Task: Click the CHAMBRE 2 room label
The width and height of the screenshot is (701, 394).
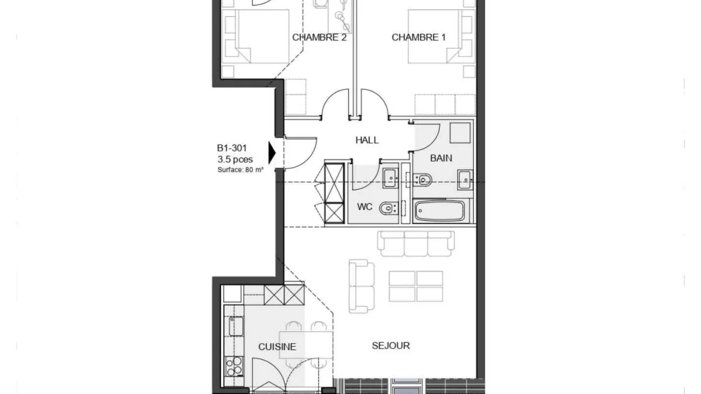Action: [319, 37]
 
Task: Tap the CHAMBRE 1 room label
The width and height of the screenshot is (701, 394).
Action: [419, 37]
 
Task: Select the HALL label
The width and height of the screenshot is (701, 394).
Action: [367, 140]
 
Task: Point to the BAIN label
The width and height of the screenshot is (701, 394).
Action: [441, 158]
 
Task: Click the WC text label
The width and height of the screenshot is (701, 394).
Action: [365, 207]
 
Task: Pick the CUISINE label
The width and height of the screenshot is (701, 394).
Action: [277, 347]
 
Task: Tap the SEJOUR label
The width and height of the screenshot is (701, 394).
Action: [391, 346]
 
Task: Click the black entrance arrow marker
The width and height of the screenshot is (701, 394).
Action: [272, 153]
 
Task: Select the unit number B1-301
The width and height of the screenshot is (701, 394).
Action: [232, 148]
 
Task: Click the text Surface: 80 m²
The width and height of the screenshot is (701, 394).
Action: [240, 170]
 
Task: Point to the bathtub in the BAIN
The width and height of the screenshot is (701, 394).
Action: [440, 211]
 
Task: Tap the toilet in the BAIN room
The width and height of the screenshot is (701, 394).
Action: [423, 180]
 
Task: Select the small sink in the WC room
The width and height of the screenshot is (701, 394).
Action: [390, 178]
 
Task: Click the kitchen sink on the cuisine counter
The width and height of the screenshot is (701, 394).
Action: [236, 326]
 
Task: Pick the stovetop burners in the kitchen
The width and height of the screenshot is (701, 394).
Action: [234, 366]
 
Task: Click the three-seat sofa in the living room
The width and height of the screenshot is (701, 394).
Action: [416, 243]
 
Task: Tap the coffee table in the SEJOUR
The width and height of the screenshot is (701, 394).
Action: [416, 287]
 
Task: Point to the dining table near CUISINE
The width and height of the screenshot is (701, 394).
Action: [306, 345]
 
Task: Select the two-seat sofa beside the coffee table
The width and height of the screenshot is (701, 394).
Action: [362, 286]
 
